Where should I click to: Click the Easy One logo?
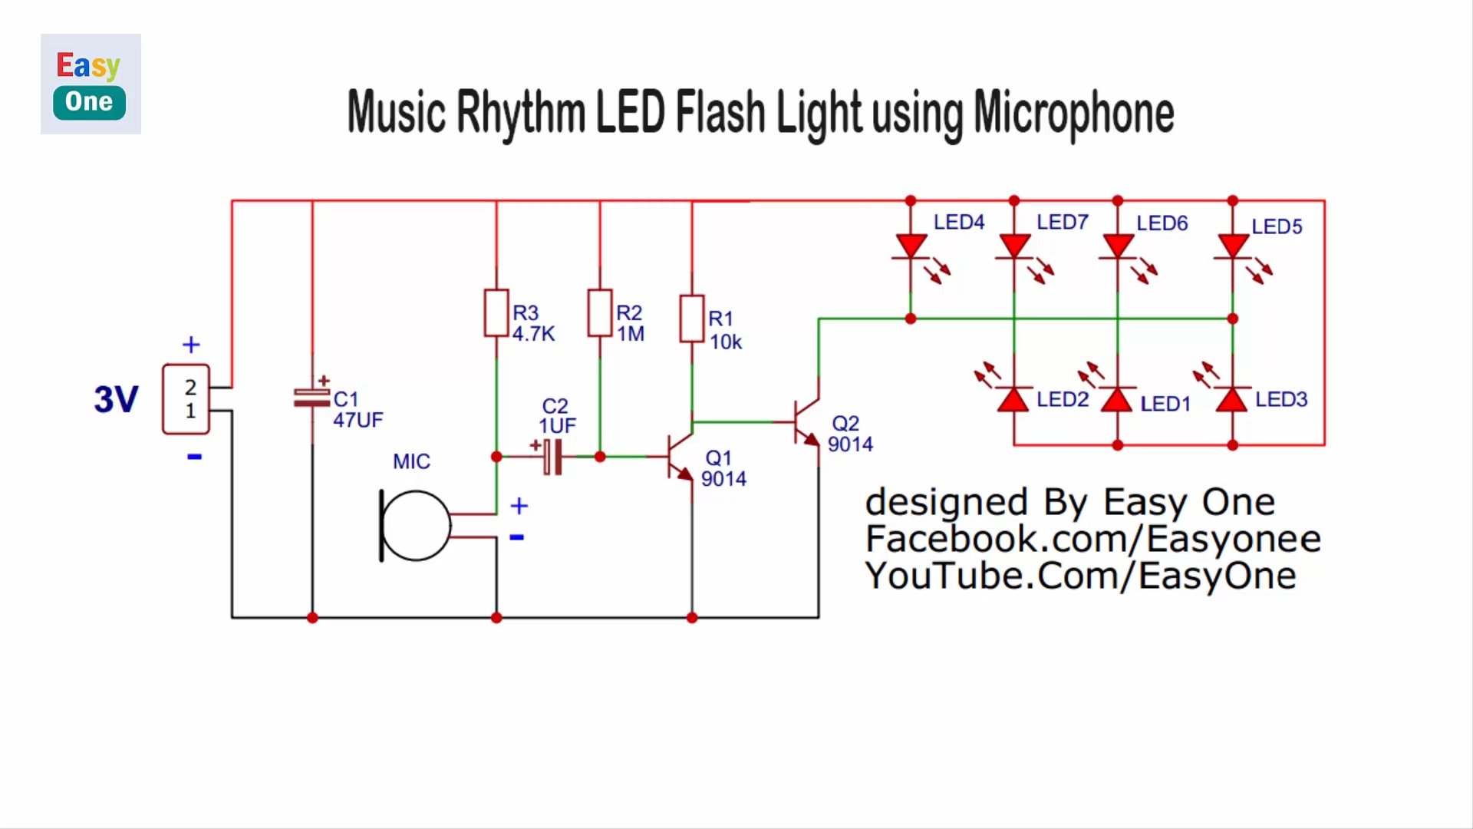pos(91,84)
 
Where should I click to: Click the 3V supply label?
pos(116,399)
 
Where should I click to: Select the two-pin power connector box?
pos(186,399)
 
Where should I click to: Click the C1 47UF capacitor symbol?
pos(312,398)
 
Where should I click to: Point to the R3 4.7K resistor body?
pos(496,313)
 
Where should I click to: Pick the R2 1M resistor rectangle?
pos(600,313)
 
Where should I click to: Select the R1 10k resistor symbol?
pos(692,319)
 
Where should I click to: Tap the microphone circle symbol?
pos(415,526)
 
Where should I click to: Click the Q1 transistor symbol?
pos(680,457)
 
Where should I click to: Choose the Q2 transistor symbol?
pos(806,422)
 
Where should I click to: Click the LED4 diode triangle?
pos(911,246)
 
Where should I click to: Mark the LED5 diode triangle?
pos(1233,246)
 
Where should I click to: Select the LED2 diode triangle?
pos(1013,399)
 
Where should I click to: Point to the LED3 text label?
pos(1281,399)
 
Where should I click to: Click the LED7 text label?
pos(1063,222)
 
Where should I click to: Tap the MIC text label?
pos(411,461)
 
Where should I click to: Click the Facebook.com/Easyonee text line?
pos(1093,539)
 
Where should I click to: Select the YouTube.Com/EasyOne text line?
pos(1081,576)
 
